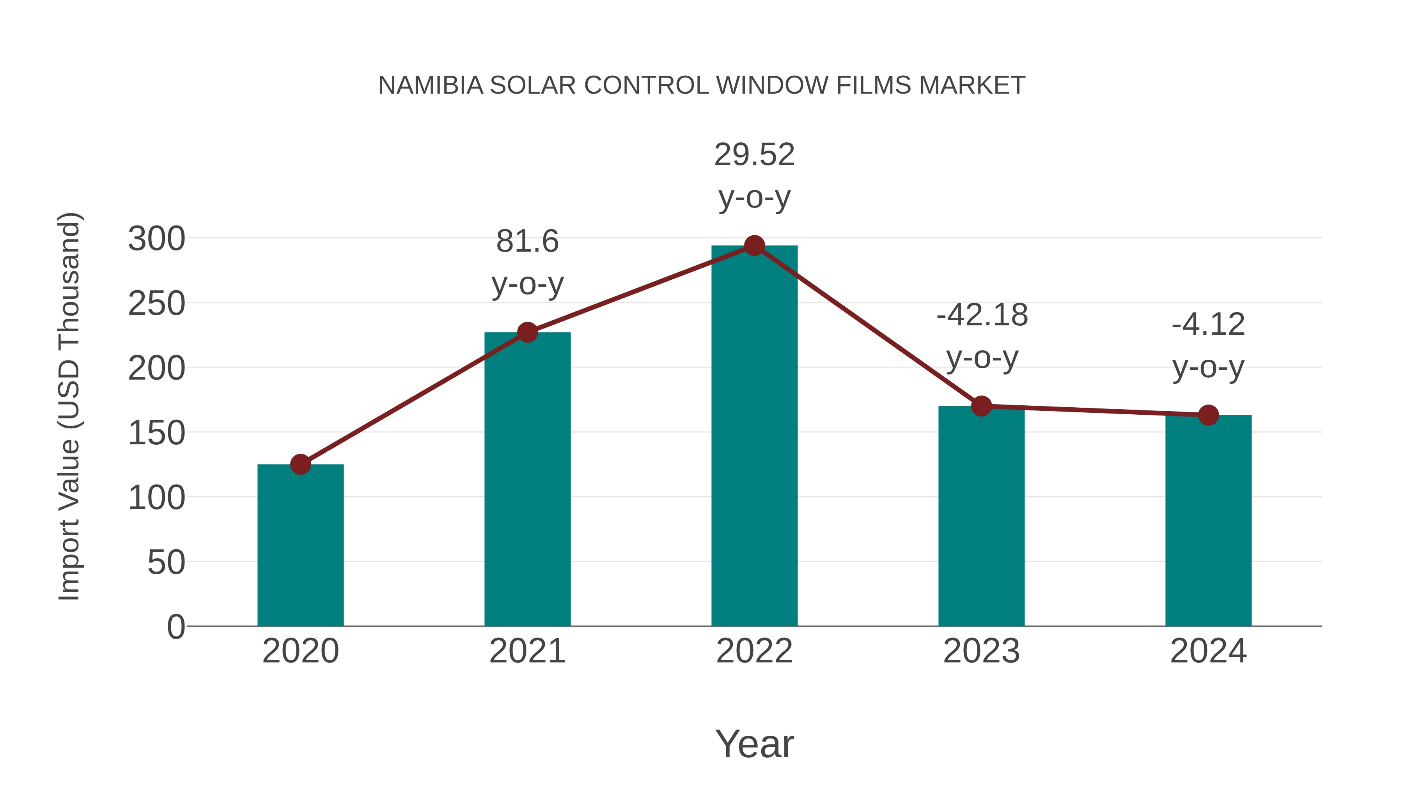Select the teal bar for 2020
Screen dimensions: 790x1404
pyautogui.click(x=300, y=545)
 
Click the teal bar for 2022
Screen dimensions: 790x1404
pyautogui.click(x=754, y=436)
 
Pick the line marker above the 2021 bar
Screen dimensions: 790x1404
pyautogui.click(x=528, y=332)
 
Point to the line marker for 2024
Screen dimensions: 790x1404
pyautogui.click(x=1208, y=415)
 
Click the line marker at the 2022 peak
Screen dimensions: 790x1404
pyautogui.click(x=754, y=246)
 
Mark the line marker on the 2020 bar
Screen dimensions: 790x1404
pyautogui.click(x=300, y=465)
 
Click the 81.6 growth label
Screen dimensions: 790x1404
pyautogui.click(x=528, y=241)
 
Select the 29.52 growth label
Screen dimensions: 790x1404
pyautogui.click(x=754, y=155)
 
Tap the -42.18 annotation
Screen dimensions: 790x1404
pyautogui.click(x=982, y=315)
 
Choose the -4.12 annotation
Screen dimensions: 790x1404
pyautogui.click(x=1208, y=325)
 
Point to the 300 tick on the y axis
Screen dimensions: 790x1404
pyautogui.click(x=156, y=239)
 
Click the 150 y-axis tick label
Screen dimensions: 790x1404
pyautogui.click(x=156, y=433)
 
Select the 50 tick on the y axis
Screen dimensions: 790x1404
pyautogui.click(x=166, y=563)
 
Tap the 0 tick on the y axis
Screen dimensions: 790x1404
pyautogui.click(x=176, y=627)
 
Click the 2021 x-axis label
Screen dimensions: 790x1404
pyautogui.click(x=528, y=651)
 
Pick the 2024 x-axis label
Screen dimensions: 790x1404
pyautogui.click(x=1208, y=651)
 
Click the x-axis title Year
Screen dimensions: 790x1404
pyautogui.click(x=754, y=744)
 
